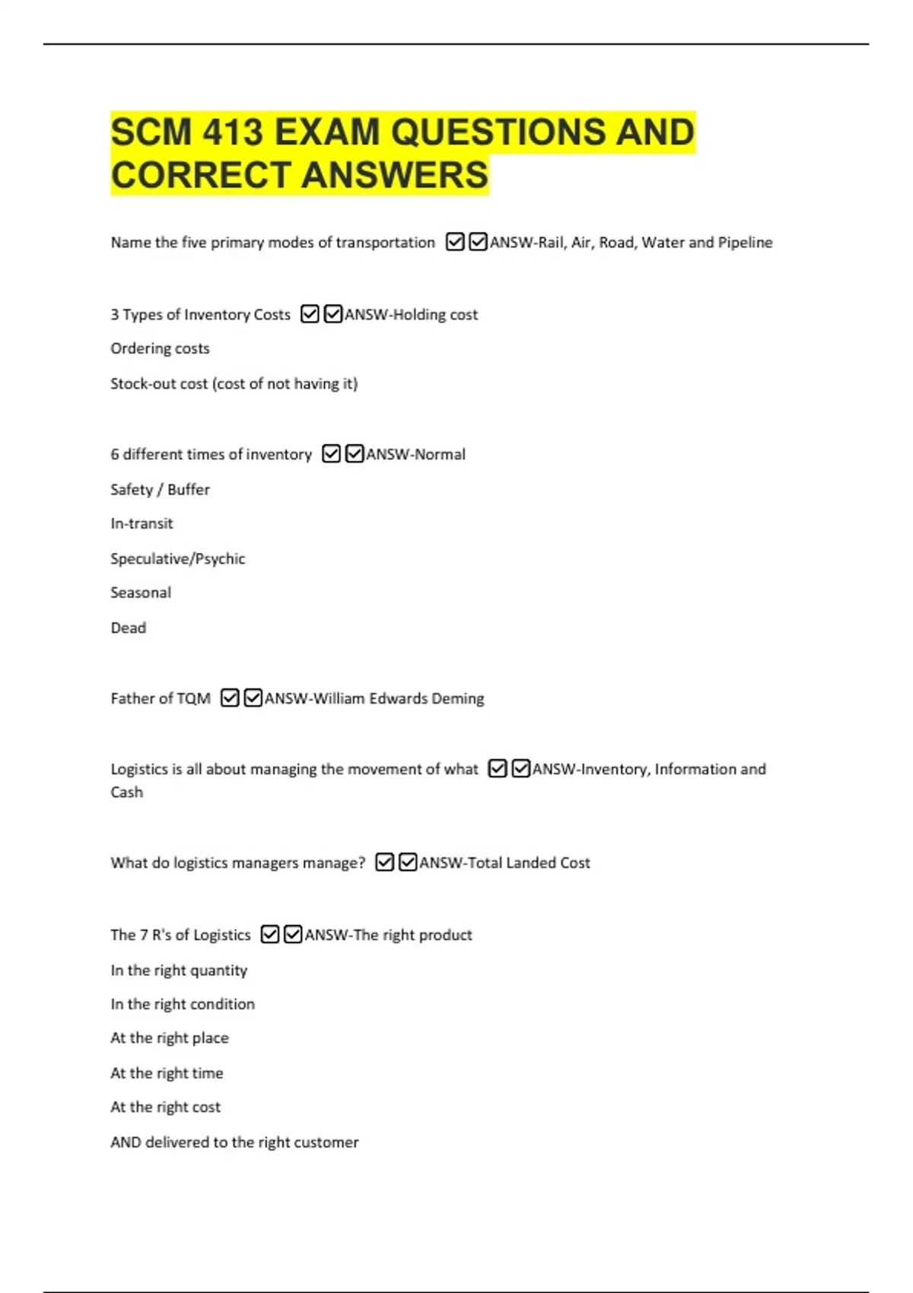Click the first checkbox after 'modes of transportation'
[455, 242]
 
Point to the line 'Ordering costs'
[160, 348]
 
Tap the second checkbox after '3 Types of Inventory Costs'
[333, 314]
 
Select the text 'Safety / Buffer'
[160, 489]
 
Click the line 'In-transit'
[142, 523]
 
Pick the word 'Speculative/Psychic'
[177, 558]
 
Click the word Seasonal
[141, 592]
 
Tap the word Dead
[128, 627]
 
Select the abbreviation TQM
[193, 698]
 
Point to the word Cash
[126, 792]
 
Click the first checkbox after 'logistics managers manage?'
[385, 863]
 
